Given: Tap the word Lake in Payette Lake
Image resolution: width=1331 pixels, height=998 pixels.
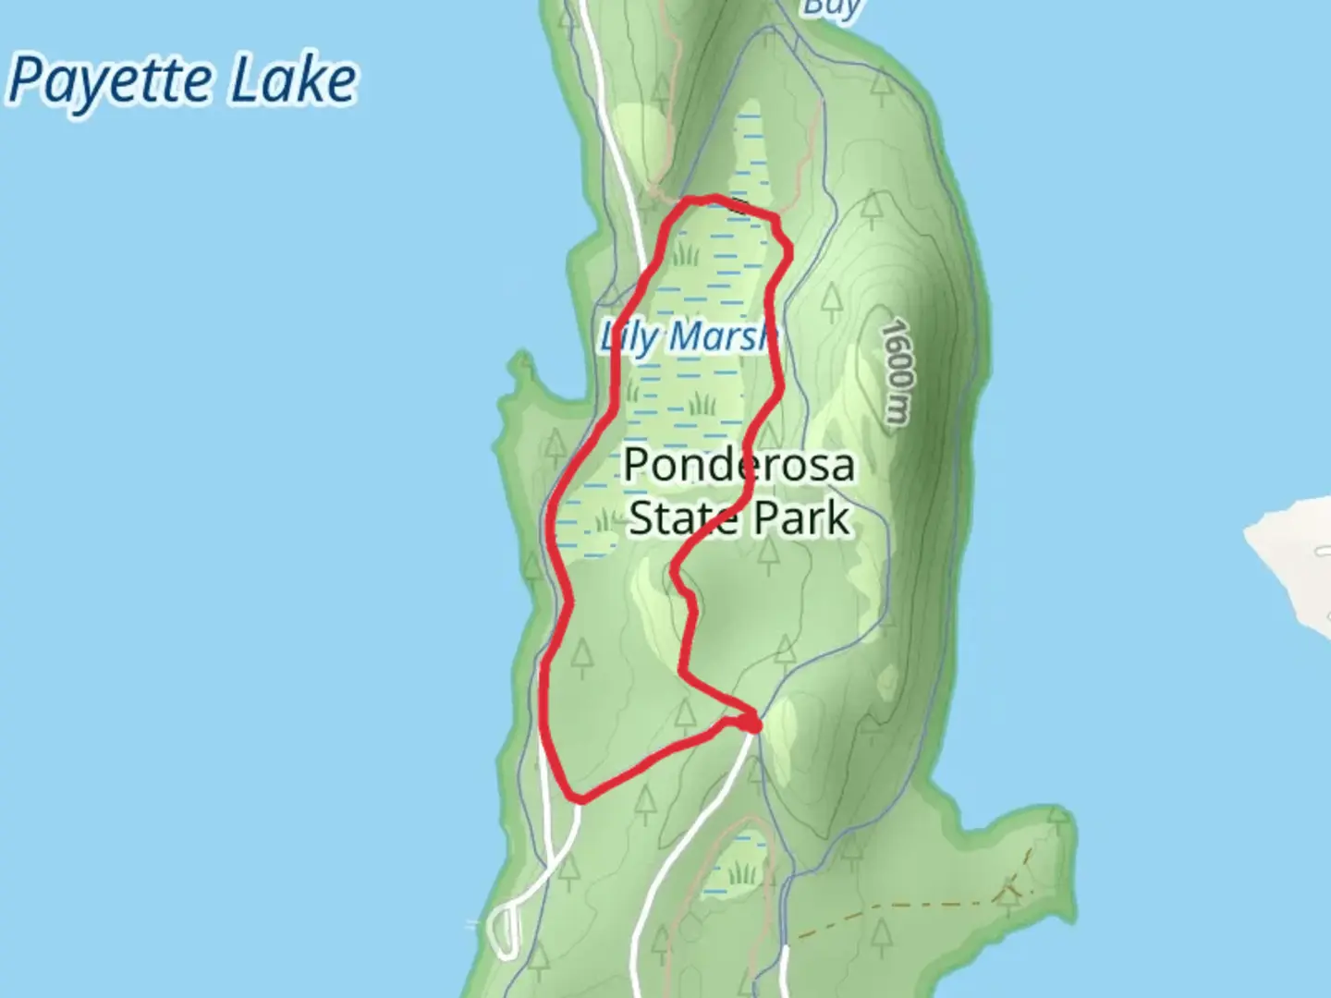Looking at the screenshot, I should point(292,81).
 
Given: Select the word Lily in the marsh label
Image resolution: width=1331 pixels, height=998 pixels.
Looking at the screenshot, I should point(627,336).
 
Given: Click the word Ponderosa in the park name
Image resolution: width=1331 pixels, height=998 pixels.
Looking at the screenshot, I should point(739,465).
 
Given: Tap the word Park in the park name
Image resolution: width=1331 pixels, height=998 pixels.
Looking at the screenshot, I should point(800,518).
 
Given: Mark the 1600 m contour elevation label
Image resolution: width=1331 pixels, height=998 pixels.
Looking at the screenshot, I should point(896,371).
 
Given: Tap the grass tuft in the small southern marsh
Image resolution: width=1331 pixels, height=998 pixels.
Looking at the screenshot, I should point(741,873).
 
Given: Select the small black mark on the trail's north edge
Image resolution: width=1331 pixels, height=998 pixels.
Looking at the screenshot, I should point(738,204).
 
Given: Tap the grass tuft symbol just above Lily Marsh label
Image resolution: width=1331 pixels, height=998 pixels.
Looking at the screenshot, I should point(685,251).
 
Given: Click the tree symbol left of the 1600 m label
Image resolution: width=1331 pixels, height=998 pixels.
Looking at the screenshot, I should point(832,298).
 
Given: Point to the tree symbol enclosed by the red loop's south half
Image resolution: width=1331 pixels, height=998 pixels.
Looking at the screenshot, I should point(581,654).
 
